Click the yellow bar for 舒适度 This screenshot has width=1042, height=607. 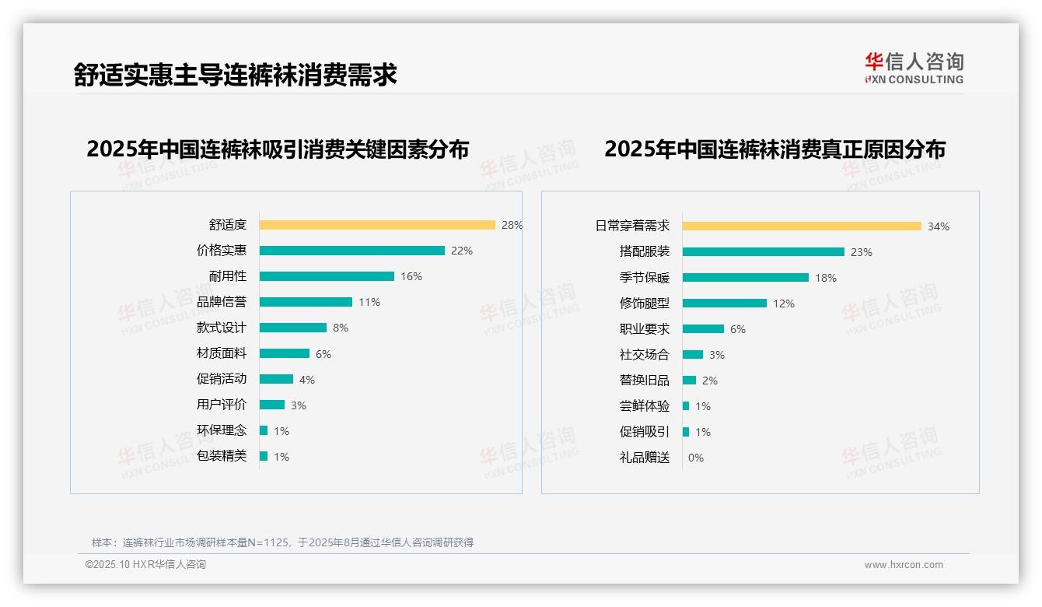tap(377, 225)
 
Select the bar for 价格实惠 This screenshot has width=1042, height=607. tap(351, 251)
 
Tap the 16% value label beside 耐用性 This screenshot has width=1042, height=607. tap(411, 276)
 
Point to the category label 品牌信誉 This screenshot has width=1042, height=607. tap(221, 302)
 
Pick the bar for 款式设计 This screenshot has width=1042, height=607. tap(293, 328)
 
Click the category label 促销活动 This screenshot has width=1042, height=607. tap(221, 379)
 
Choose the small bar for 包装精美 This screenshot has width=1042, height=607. tap(264, 456)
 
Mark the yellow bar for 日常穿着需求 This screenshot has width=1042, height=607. tap(802, 226)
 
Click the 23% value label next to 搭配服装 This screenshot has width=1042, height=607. tap(862, 252)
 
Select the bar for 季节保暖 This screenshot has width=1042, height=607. tap(745, 278)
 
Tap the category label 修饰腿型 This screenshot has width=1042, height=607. tap(644, 303)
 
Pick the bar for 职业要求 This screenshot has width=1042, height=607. tap(703, 329)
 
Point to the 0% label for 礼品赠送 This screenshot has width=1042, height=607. tap(696, 458)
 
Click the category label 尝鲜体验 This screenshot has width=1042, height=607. tap(644, 406)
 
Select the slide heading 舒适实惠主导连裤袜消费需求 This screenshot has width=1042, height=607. tap(235, 75)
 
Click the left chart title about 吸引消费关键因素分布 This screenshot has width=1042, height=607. tap(278, 149)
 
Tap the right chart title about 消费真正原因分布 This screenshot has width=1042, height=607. tap(775, 149)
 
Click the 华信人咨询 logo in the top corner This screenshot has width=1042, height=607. tap(914, 68)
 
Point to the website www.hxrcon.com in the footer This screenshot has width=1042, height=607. tap(904, 565)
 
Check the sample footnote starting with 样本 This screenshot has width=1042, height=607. tap(282, 542)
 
